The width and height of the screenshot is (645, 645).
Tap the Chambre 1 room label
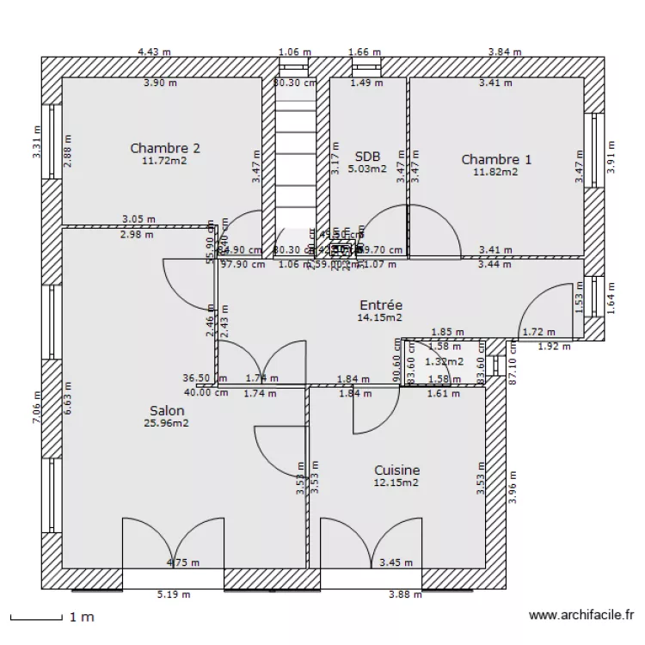pyautogui.click(x=496, y=159)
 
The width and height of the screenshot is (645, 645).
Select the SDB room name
pyautogui.click(x=367, y=157)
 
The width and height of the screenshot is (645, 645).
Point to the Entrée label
pyautogui.click(x=380, y=305)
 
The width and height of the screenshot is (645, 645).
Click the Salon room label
pyautogui.click(x=166, y=411)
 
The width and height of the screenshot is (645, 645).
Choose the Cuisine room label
pyautogui.click(x=396, y=470)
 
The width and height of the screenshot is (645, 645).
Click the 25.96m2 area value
pyautogui.click(x=166, y=423)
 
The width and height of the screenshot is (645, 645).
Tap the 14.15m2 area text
pyautogui.click(x=380, y=317)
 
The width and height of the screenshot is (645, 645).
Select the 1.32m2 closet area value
pyautogui.click(x=444, y=362)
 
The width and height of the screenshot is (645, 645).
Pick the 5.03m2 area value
pyautogui.click(x=367, y=169)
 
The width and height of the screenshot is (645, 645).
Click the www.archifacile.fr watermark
pyautogui.click(x=581, y=616)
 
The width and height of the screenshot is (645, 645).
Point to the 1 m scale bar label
pyautogui.click(x=82, y=617)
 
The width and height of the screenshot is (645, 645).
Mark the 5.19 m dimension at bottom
pyautogui.click(x=173, y=594)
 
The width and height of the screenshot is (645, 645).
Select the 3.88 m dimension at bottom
pyautogui.click(x=405, y=594)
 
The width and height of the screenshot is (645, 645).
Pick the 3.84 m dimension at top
pyautogui.click(x=505, y=52)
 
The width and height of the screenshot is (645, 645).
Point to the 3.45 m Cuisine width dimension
pyautogui.click(x=396, y=563)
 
